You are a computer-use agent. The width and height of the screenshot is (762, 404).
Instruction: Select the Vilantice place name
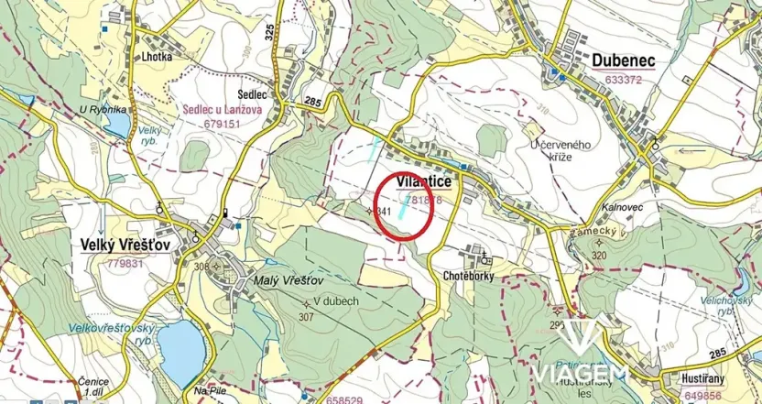[425, 182]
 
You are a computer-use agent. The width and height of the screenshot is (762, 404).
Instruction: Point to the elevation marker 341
[384, 212]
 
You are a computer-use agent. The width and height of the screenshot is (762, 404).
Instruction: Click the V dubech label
[335, 300]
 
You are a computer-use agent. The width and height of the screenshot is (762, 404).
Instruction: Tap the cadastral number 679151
[223, 122]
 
